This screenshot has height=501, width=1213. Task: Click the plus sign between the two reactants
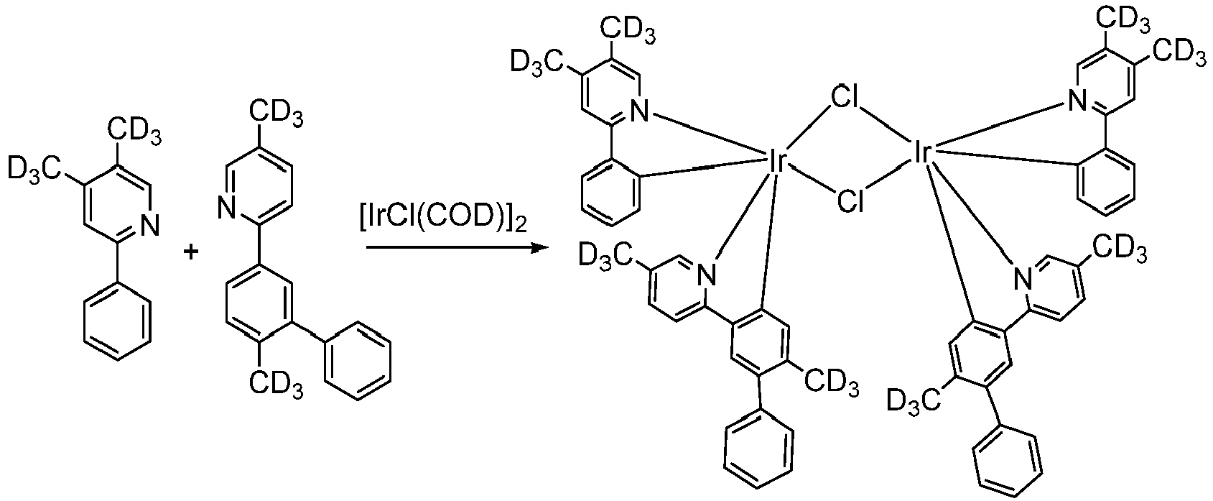(190, 252)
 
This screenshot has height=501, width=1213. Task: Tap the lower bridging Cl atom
(850, 201)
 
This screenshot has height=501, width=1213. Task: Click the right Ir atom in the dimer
(921, 152)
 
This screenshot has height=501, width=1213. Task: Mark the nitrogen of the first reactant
(150, 225)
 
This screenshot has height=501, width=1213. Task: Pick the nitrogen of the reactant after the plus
(227, 208)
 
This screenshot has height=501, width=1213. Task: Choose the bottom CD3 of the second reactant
(276, 384)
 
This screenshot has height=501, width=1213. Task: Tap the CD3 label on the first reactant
(135, 132)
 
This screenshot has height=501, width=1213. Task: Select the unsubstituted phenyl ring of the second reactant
(358, 361)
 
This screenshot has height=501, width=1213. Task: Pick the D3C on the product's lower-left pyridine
(606, 255)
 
